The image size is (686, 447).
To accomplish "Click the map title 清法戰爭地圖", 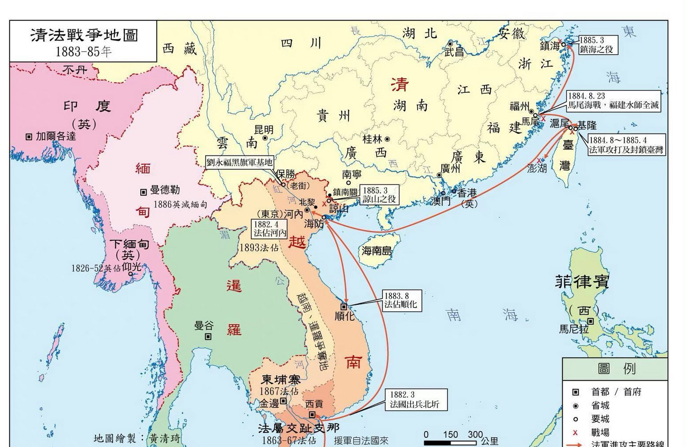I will tap(84, 35).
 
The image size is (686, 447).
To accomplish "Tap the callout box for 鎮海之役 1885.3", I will tap(598, 45).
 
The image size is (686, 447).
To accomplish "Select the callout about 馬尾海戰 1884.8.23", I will tap(613, 101).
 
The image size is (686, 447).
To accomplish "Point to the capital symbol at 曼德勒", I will tap(143, 192).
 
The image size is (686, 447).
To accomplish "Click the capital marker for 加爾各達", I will tap(29, 137).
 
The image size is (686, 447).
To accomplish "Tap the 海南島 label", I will tap(377, 250).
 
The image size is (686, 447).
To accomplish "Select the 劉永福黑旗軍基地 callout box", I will tap(239, 162).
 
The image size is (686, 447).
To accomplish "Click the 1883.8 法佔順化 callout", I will tap(402, 300).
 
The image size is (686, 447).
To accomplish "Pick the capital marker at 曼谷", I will tap(208, 337).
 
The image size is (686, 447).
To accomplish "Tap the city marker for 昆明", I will tap(265, 138).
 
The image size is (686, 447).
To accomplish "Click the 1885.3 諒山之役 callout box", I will tap(379, 195).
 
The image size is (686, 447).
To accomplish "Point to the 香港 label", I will tap(467, 192).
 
